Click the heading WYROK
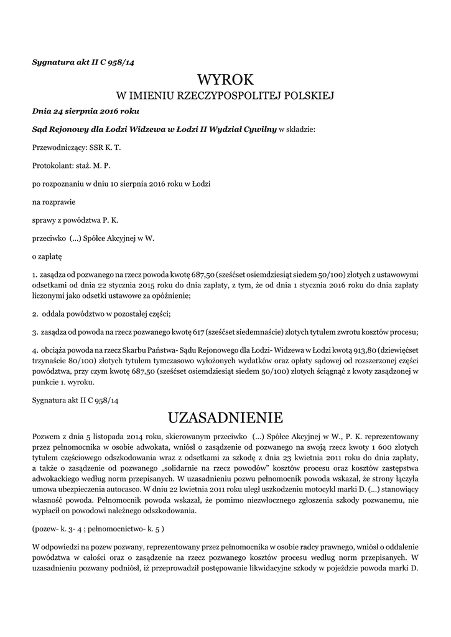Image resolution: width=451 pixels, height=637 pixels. (x=225, y=79)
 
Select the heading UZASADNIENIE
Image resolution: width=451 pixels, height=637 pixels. (x=225, y=416)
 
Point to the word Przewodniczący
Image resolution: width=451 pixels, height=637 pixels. (x=58, y=148)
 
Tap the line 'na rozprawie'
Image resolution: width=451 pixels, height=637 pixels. (x=52, y=202)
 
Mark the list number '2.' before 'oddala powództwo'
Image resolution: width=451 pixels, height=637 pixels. (x=35, y=314)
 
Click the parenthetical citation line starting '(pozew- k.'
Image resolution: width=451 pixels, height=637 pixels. (x=98, y=529)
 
